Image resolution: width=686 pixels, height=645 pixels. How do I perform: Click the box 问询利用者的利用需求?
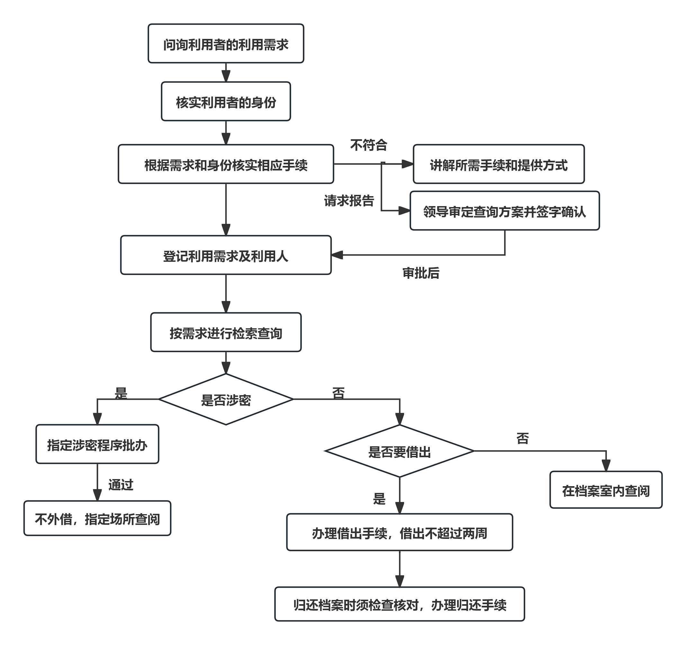(226, 44)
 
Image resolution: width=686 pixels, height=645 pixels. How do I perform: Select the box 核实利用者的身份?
(226, 102)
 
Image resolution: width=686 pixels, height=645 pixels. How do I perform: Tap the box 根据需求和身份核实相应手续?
(226, 164)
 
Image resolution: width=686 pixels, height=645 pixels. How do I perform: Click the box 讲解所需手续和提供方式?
(498, 164)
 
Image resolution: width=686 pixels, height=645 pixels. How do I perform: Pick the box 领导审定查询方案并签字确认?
(504, 211)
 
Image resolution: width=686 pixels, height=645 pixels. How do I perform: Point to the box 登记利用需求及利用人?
(226, 255)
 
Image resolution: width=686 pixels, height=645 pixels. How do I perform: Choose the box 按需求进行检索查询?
(226, 332)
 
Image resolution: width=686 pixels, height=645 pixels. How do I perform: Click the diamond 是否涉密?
(226, 399)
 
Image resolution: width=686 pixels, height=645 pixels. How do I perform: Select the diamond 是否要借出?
(399, 451)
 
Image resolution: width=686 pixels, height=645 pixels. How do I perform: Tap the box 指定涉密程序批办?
(97, 444)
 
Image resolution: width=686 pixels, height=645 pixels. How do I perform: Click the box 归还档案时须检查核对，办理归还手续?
(399, 604)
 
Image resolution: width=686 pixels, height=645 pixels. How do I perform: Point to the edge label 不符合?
(368, 145)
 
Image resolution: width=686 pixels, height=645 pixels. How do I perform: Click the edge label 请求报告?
(349, 201)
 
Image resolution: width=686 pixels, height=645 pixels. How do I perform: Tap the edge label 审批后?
(421, 273)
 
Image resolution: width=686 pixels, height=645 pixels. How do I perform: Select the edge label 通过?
(121, 485)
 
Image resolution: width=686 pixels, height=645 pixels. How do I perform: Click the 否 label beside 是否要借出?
(522, 439)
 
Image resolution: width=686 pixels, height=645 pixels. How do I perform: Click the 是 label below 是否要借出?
(379, 499)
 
